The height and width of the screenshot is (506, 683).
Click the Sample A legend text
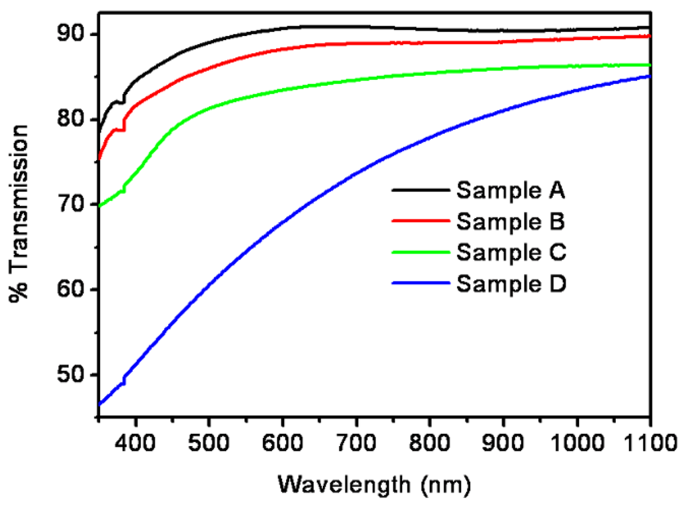pyautogui.click(x=511, y=191)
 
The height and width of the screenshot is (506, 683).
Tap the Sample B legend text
pyautogui.click(x=511, y=222)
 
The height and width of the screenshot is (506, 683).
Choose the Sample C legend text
pyautogui.click(x=511, y=253)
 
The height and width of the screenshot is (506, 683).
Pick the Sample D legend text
pyautogui.click(x=511, y=284)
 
